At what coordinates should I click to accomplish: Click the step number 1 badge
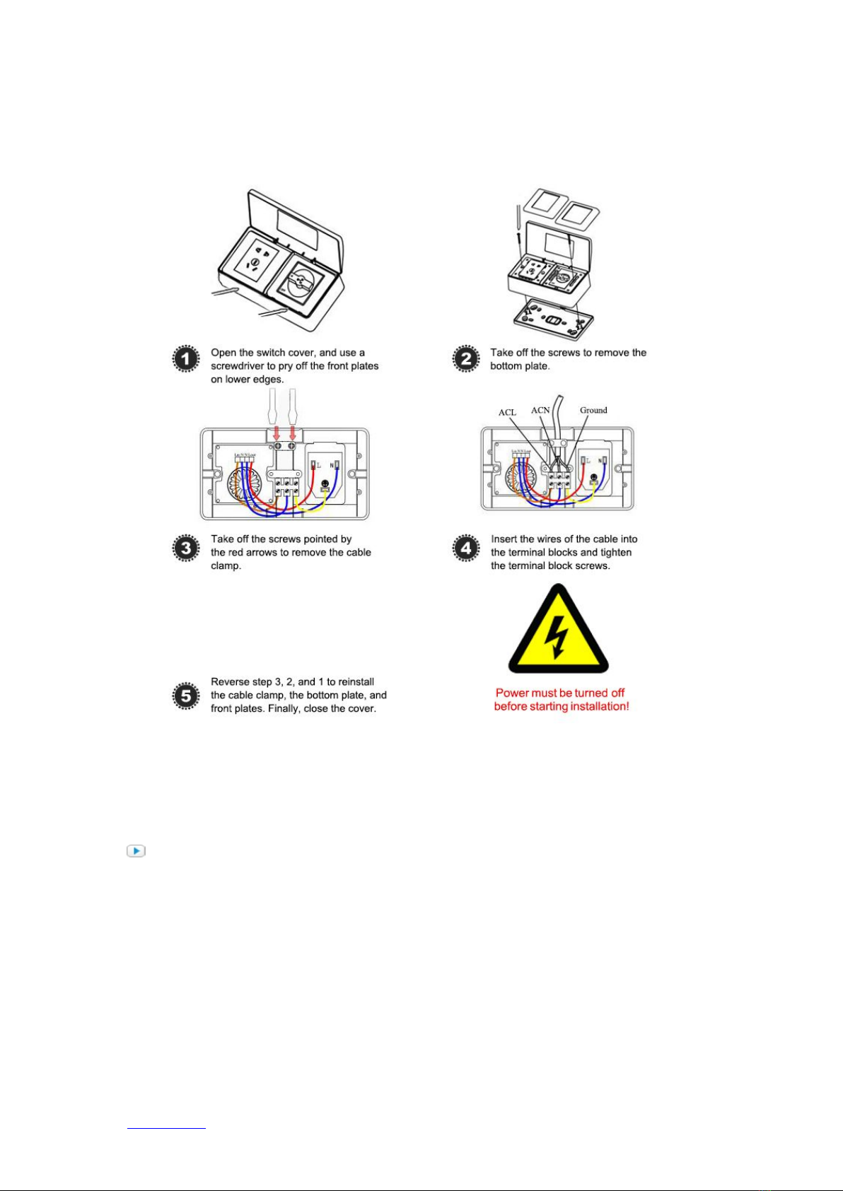point(186,359)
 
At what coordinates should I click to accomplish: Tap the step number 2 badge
point(466,359)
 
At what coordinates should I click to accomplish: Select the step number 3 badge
point(186,548)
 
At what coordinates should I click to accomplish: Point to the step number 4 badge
point(466,548)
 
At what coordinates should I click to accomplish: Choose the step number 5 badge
point(186,696)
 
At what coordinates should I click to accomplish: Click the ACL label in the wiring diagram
point(507,413)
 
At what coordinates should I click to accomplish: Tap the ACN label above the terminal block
point(540,410)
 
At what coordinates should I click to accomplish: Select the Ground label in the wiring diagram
point(593,410)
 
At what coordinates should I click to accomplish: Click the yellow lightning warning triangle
point(558,630)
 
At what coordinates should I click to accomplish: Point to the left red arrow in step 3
point(277,430)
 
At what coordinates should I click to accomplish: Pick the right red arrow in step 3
point(292,430)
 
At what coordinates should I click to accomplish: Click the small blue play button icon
point(136,851)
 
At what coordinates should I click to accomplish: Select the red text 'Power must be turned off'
point(560,693)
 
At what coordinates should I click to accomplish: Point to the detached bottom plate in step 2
point(553,319)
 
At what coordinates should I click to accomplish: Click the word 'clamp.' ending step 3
point(226,566)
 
